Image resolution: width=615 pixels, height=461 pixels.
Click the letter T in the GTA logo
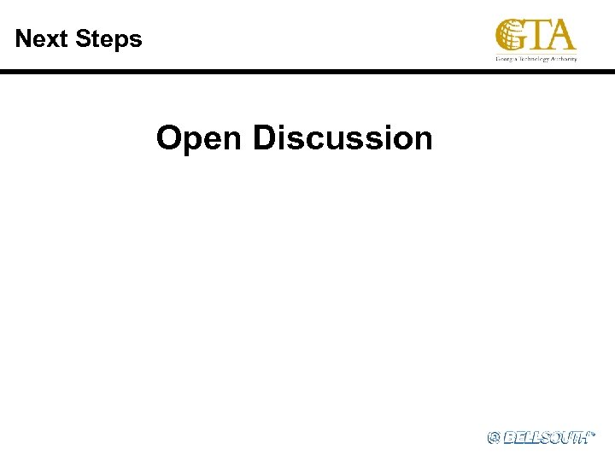[538, 35]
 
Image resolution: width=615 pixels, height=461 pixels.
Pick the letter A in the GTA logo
[560, 35]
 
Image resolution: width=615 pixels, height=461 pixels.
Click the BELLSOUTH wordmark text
[547, 437]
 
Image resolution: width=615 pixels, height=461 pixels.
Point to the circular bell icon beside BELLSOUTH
[494, 437]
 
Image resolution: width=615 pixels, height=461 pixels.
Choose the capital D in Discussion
[264, 137]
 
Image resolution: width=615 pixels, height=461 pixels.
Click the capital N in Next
[23, 38]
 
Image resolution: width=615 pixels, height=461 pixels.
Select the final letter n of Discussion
[423, 139]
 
